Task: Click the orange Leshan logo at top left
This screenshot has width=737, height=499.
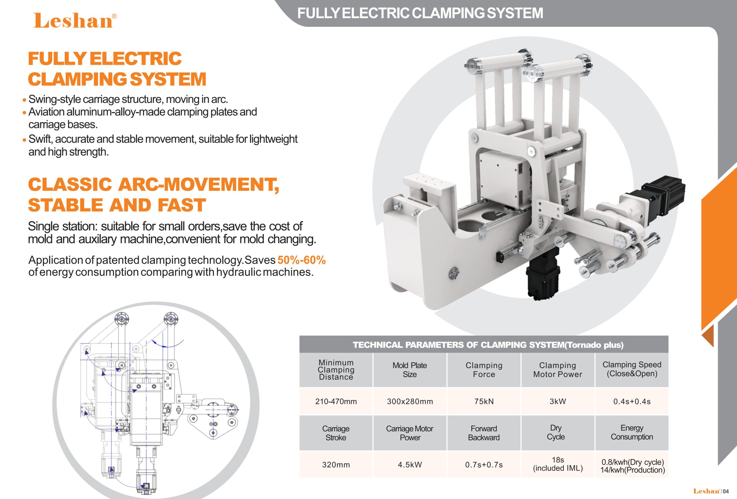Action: tap(75, 21)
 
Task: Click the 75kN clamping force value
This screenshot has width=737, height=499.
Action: tap(484, 402)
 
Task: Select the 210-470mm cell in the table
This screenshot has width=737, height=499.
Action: tap(336, 402)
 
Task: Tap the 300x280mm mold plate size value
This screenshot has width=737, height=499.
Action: tap(410, 402)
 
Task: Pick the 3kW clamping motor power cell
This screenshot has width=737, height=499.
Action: tap(558, 402)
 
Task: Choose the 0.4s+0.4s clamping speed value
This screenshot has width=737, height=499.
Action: tap(632, 402)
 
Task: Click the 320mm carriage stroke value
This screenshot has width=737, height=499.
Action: tap(336, 465)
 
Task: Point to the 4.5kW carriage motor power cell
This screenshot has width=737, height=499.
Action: tap(410, 465)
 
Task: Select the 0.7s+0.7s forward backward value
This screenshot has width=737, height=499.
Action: tap(484, 465)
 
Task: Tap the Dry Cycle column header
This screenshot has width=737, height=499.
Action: tap(556, 432)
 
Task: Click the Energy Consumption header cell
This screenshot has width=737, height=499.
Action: tap(632, 432)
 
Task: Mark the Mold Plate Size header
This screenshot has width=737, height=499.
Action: tap(410, 370)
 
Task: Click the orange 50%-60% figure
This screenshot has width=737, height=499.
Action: tap(301, 260)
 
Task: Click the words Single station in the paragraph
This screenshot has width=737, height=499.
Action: tap(62, 226)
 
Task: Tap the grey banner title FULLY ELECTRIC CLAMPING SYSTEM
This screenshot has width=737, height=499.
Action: tap(420, 13)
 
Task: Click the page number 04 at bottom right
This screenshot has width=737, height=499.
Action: tap(725, 492)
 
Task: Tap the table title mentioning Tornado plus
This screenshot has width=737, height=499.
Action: tap(488, 345)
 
